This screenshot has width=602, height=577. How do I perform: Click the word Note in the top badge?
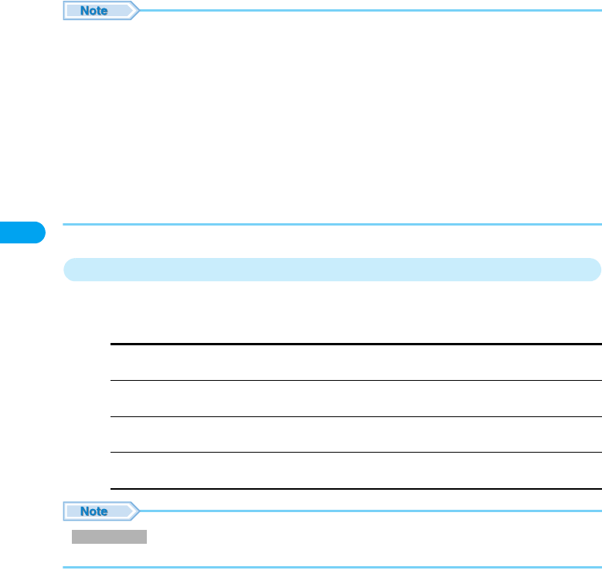pyautogui.click(x=95, y=11)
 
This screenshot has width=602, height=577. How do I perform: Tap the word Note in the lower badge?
pyautogui.click(x=95, y=511)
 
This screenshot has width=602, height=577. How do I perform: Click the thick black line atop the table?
pyautogui.click(x=355, y=345)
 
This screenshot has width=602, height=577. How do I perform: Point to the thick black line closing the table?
pyautogui.click(x=355, y=488)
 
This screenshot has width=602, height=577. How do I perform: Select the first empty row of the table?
pyautogui.click(x=355, y=362)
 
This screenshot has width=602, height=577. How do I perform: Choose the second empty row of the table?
pyautogui.click(x=355, y=399)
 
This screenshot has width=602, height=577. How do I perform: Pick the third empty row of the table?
pyautogui.click(x=355, y=434)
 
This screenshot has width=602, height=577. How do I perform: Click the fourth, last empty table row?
pyautogui.click(x=355, y=470)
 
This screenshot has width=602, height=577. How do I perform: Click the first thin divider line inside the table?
pyautogui.click(x=355, y=380)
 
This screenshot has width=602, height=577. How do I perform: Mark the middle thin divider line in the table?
pyautogui.click(x=355, y=416)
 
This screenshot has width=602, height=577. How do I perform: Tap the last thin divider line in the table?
pyautogui.click(x=355, y=453)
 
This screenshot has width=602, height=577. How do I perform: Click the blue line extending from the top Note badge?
pyautogui.click(x=371, y=11)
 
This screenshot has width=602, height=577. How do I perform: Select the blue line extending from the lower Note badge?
pyautogui.click(x=371, y=511)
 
